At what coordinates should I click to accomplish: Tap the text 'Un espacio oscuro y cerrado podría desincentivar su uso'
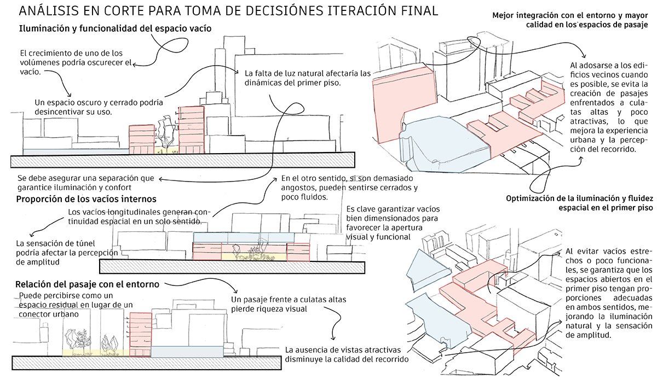click(x=99, y=107)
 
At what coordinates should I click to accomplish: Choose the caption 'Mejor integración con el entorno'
click(x=569, y=15)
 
